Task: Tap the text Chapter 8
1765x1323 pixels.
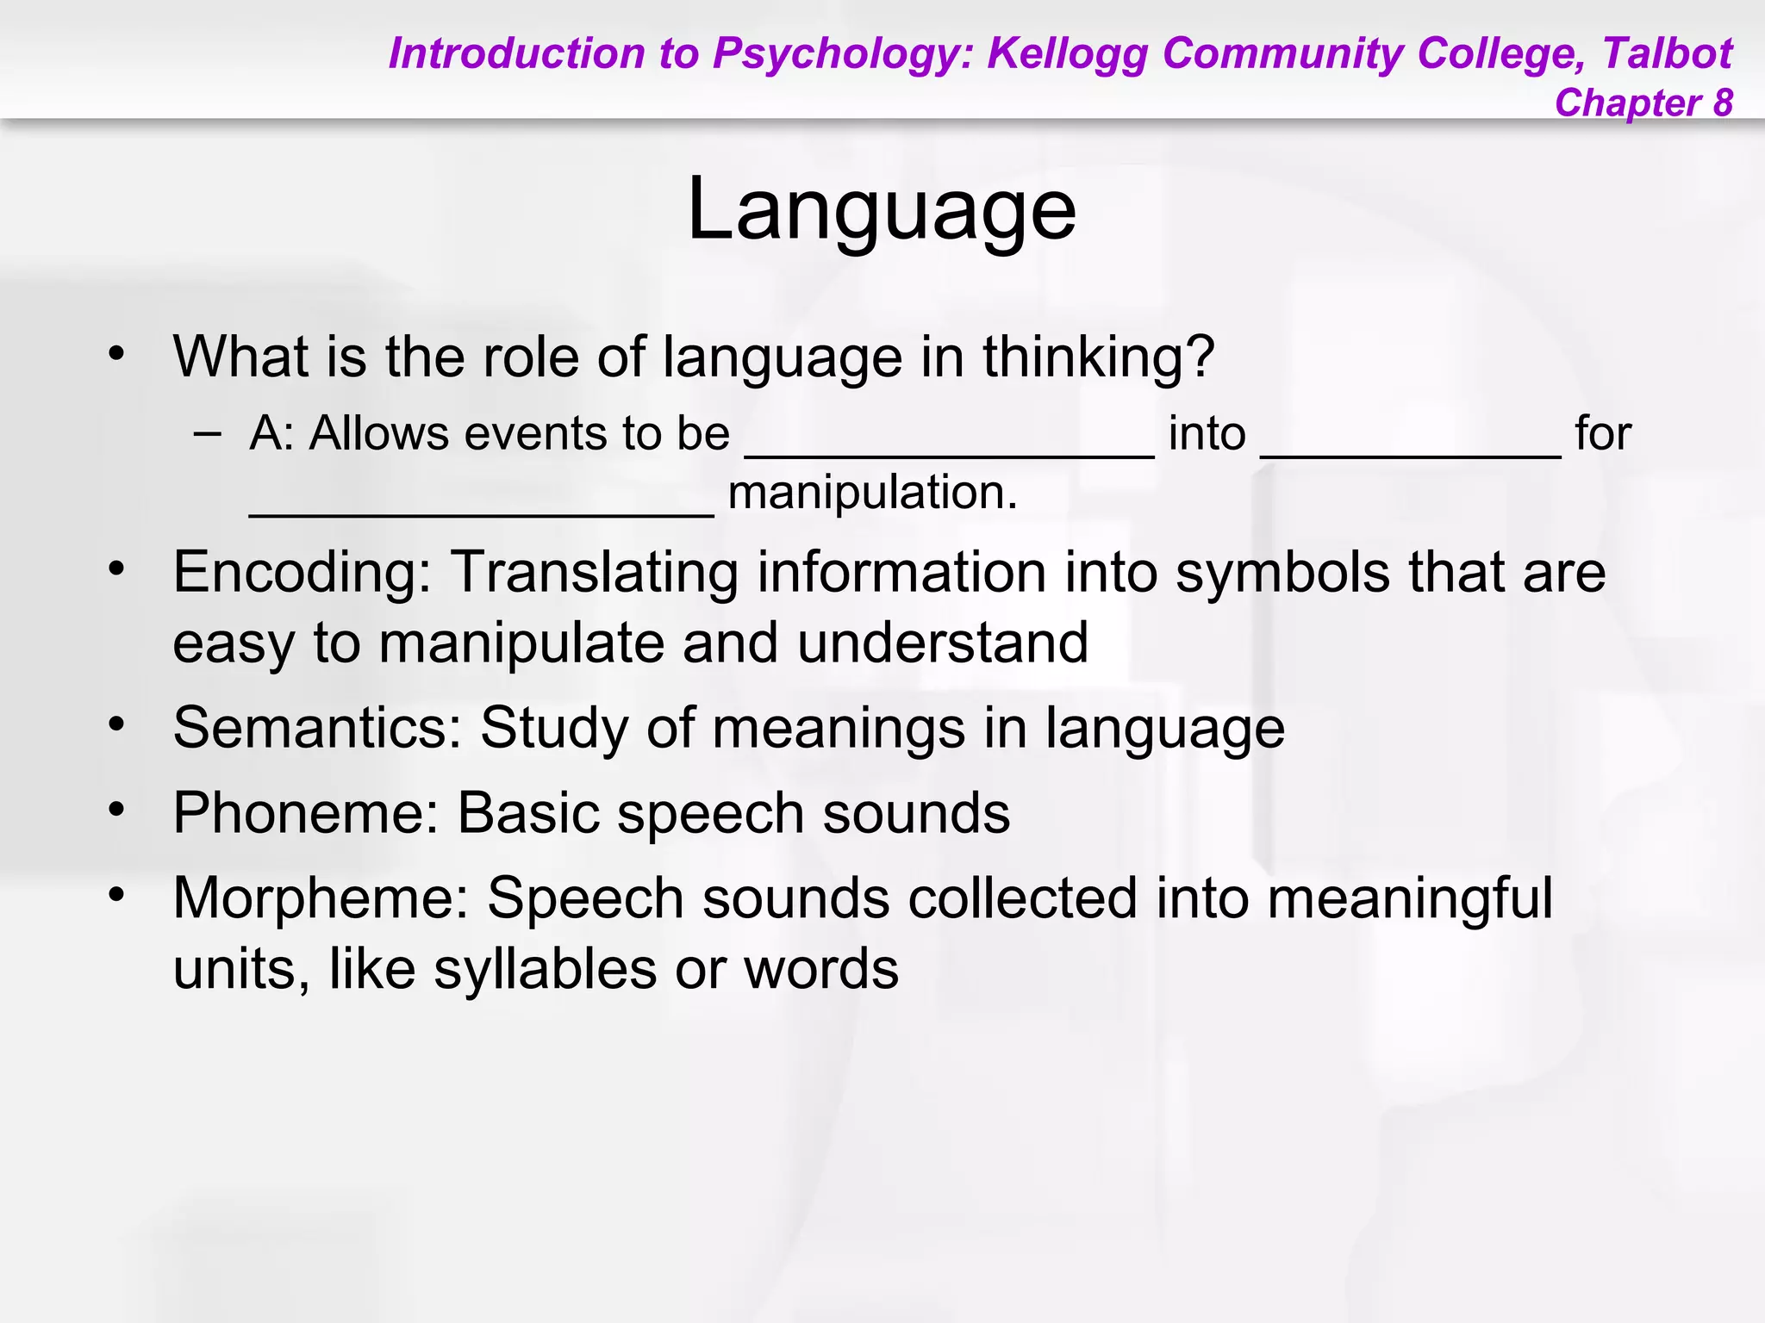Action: click(x=1643, y=102)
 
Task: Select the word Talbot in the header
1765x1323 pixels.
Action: click(x=1667, y=53)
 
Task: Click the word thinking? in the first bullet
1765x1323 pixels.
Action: click(x=1099, y=357)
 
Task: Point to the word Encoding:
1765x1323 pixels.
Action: click(x=302, y=573)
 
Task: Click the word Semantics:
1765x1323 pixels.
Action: click(x=317, y=728)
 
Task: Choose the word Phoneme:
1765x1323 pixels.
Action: click(x=306, y=813)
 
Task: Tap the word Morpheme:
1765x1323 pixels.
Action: click(x=321, y=898)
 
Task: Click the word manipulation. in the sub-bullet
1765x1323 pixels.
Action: click(x=872, y=494)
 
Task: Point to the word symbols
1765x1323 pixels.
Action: click(x=1282, y=573)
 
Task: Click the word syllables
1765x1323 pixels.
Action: click(x=545, y=969)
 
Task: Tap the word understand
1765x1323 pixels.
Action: click(x=943, y=643)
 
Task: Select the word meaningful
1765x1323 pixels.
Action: click(x=1410, y=898)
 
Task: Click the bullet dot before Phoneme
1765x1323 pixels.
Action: click(x=117, y=810)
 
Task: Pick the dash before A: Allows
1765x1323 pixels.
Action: click(x=207, y=432)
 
